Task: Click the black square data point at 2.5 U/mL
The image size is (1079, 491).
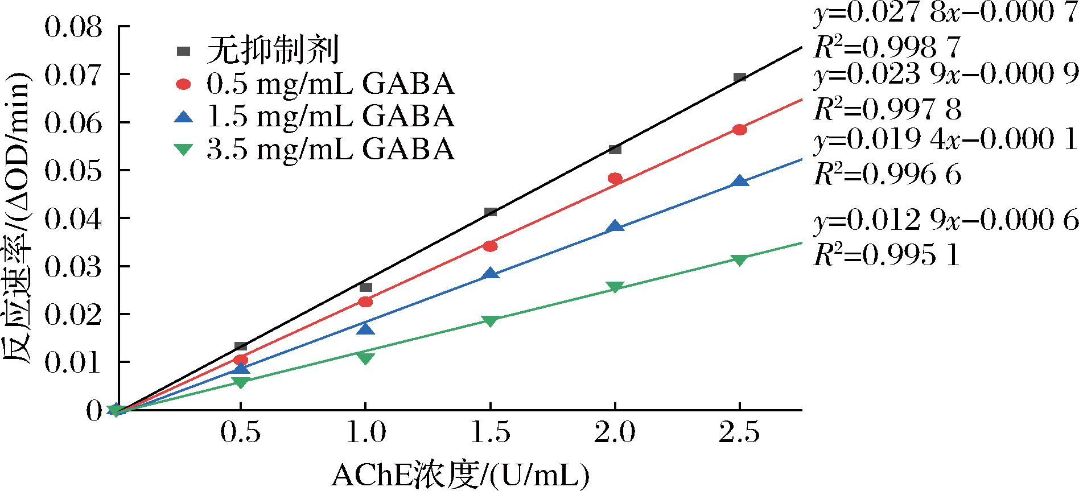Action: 739,77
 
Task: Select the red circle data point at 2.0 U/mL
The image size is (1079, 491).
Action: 615,178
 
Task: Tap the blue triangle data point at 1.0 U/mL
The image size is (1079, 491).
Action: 365,329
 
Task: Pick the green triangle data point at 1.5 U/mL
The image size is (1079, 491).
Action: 490,320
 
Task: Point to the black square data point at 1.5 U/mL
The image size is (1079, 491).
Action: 490,212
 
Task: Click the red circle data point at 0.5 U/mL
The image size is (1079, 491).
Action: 241,360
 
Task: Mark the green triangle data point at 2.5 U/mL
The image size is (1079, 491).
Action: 739,259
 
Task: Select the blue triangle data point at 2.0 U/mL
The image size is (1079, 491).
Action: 615,226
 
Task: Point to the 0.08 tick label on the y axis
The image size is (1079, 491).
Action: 73,27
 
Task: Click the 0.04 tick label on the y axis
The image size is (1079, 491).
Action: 73,218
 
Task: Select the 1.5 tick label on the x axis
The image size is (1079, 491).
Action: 490,433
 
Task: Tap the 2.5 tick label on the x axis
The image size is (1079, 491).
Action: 739,433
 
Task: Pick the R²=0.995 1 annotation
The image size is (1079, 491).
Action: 887,256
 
